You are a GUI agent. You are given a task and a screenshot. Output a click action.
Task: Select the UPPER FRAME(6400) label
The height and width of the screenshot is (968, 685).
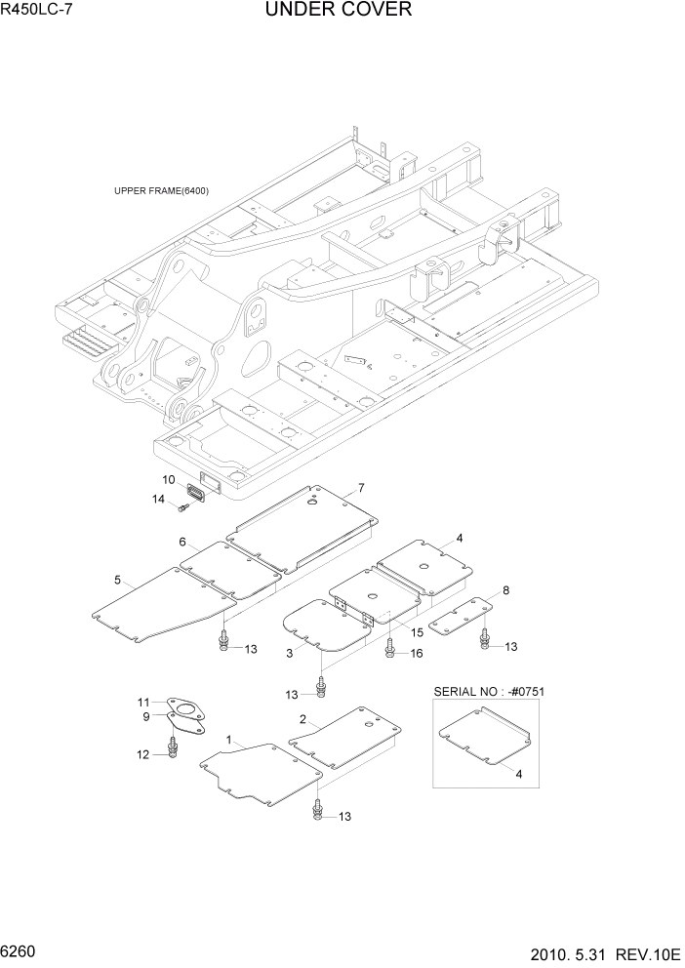(x=161, y=190)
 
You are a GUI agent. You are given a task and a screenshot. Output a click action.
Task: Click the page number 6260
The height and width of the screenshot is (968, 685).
(x=20, y=948)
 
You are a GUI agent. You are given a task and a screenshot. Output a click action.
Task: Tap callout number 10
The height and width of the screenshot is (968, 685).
(x=168, y=480)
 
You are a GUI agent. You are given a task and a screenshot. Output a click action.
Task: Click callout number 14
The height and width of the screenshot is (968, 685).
(x=158, y=500)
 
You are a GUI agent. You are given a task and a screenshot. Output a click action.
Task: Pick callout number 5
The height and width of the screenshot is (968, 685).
(x=117, y=581)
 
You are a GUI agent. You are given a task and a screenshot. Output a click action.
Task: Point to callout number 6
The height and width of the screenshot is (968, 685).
(x=182, y=542)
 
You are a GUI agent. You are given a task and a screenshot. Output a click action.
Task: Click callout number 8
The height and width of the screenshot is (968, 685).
(x=505, y=590)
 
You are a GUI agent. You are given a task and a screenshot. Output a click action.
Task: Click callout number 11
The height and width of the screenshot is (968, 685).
(x=143, y=703)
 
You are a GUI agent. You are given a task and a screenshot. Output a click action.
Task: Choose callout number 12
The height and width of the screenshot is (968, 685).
(x=143, y=754)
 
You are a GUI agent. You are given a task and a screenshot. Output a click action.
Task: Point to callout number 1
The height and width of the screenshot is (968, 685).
(x=229, y=742)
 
